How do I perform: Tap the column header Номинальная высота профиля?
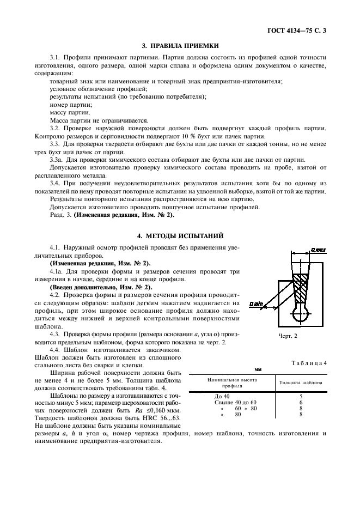tap(231, 382)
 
